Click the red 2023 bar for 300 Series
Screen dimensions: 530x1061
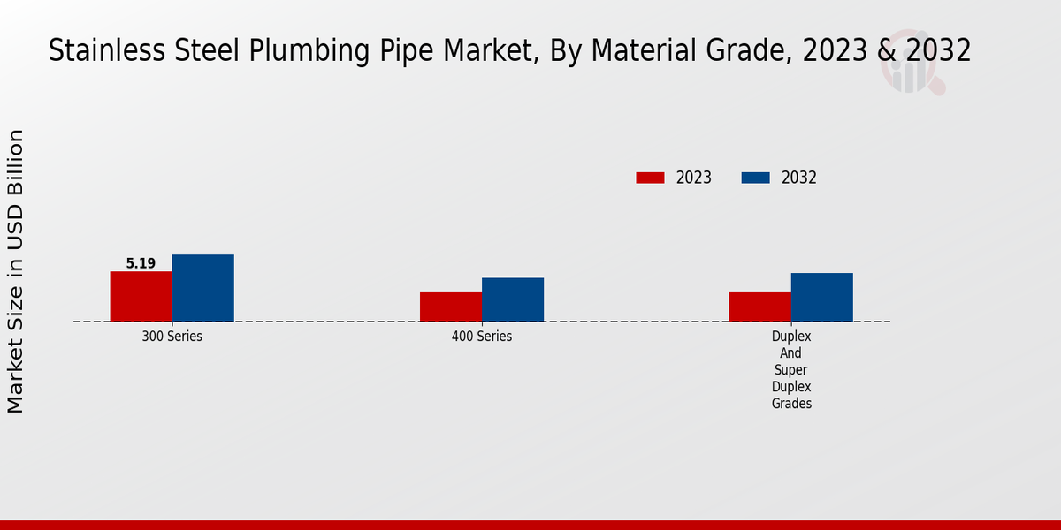(141, 296)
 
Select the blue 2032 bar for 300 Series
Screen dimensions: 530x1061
(202, 288)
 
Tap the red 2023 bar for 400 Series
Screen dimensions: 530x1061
(450, 306)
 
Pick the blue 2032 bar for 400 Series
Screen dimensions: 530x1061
(512, 299)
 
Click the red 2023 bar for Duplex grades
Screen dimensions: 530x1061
(759, 306)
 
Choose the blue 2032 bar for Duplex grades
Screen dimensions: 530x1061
(821, 297)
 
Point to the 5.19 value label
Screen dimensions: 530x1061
(141, 263)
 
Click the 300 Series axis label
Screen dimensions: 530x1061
(172, 337)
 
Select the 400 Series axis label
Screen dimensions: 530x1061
(481, 337)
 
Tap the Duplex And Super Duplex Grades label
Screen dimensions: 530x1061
(790, 370)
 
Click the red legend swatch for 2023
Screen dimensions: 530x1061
(650, 178)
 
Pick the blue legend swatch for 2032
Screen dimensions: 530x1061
(755, 178)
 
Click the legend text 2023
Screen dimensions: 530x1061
(694, 178)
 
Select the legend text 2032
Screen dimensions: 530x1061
(799, 178)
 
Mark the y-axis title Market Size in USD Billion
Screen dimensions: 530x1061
(16, 271)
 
